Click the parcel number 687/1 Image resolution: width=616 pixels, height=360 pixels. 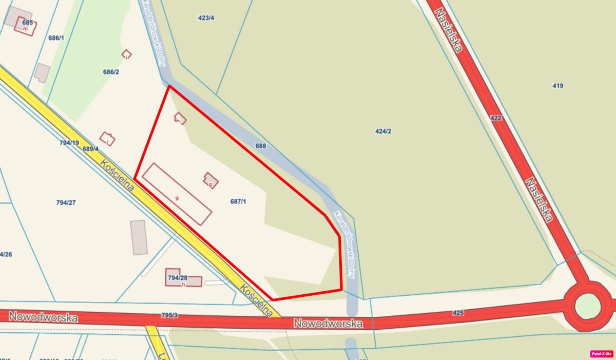coord(238,201)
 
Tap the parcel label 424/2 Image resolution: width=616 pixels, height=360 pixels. coord(383,131)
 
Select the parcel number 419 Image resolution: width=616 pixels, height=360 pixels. coord(558,86)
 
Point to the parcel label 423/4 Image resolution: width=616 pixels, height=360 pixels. coord(206,18)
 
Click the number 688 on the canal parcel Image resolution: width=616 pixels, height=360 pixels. coord(261,146)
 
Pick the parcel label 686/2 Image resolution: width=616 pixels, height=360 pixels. coord(111,72)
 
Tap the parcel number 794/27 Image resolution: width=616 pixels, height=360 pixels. coord(66,202)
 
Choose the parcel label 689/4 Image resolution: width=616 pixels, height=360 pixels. coord(90,149)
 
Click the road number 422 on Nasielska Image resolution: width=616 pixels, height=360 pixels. coord(496,118)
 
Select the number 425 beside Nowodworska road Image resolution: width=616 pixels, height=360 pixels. coord(458,312)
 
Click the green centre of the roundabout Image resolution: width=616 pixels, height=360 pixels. coord(587,307)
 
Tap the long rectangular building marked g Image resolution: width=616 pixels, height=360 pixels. coord(177,194)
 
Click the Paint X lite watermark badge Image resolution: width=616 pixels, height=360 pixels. coord(602,354)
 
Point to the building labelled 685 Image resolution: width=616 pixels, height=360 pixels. coord(26,25)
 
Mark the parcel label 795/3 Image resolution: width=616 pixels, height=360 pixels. coord(169,315)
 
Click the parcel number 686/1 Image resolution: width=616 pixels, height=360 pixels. coord(56,38)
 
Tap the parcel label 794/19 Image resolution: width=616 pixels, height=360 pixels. coord(69,143)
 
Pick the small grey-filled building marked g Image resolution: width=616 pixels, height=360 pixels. coord(210,180)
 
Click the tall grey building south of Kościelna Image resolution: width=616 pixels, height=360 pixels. coord(139,237)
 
